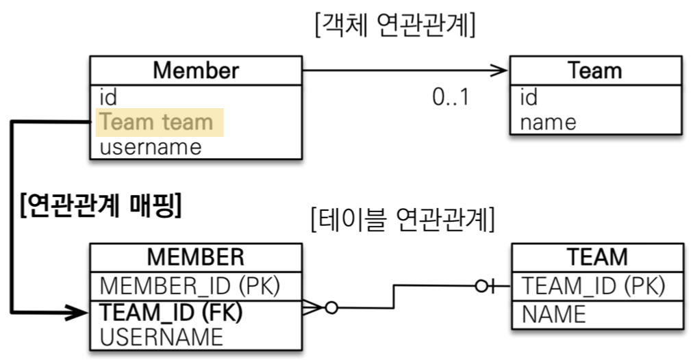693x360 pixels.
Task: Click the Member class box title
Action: (196, 70)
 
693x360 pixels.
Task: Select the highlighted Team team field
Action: (157, 123)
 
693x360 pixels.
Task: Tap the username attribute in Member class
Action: (151, 146)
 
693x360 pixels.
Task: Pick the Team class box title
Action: (594, 70)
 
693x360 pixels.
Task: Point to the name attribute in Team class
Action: (548, 122)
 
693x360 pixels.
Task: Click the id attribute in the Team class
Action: (529, 97)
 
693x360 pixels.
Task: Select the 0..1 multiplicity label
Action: (451, 97)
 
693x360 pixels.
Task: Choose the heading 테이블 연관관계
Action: (402, 220)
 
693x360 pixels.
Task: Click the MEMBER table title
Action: (196, 257)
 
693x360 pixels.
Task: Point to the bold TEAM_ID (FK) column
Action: (172, 311)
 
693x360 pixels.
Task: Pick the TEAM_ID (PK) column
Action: (593, 285)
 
